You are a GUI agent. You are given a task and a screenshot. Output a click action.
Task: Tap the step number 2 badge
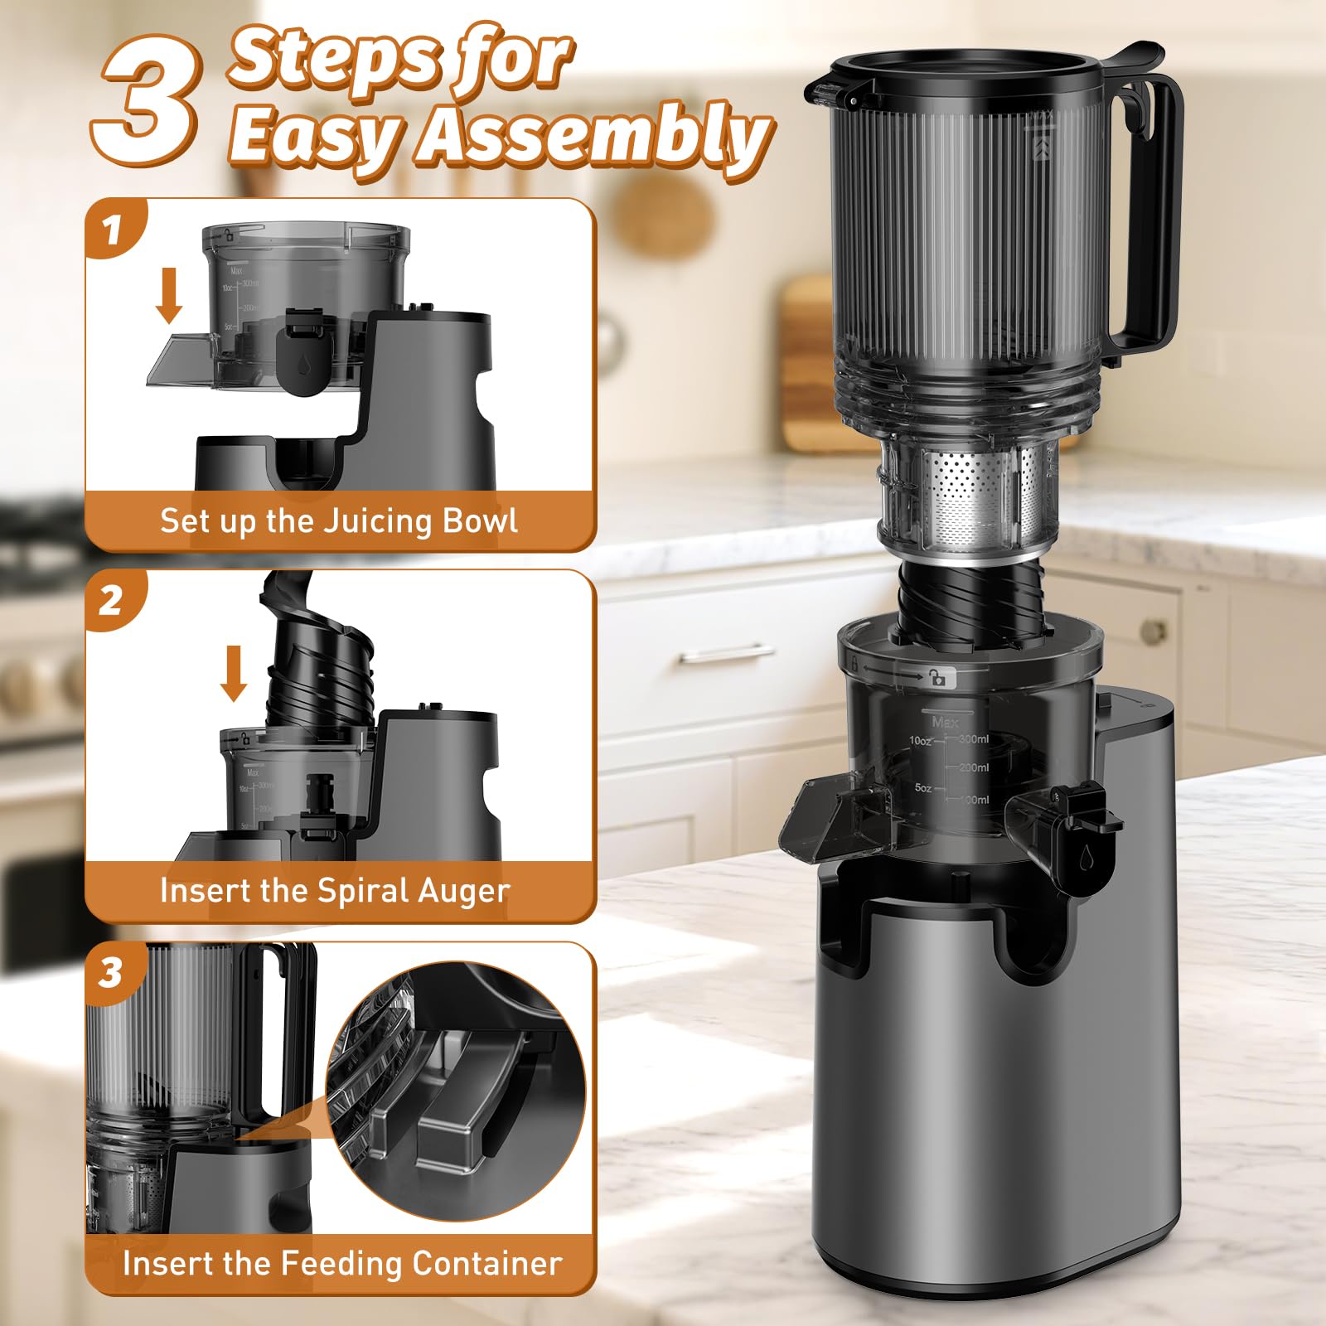pyautogui.click(x=112, y=600)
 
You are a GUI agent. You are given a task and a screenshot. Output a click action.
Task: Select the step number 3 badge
pyautogui.click(x=112, y=972)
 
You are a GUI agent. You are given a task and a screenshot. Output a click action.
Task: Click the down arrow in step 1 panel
pyautogui.click(x=170, y=295)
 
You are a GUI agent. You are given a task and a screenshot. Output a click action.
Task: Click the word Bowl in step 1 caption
pyautogui.click(x=480, y=521)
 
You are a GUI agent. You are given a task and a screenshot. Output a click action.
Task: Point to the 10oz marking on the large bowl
pyautogui.click(x=920, y=740)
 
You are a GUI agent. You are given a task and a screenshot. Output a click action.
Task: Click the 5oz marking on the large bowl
pyautogui.click(x=923, y=788)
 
